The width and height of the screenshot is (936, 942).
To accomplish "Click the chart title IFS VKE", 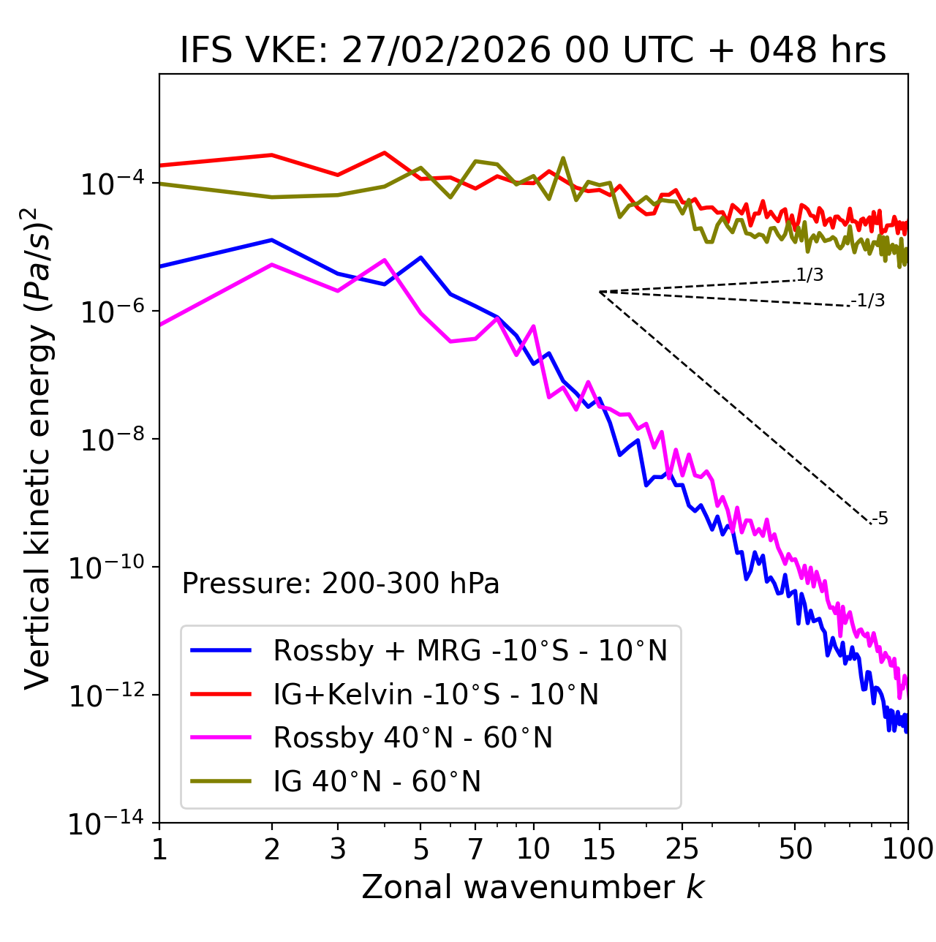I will coord(533,50).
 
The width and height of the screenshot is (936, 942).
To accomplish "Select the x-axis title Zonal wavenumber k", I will coord(532,887).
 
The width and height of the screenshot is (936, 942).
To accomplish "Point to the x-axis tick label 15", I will coord(599,849).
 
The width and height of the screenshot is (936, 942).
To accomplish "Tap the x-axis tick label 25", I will coord(682,849).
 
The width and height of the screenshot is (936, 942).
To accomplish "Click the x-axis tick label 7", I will coord(475,849).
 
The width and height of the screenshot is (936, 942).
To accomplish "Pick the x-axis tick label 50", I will coord(795,849).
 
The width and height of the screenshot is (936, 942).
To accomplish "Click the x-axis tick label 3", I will coord(338,849).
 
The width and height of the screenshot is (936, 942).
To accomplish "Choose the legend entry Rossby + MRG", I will coord(470,650).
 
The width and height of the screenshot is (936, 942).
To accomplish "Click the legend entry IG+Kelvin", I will coord(436,694).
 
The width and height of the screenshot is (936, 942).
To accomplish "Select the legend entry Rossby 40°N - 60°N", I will coord(412,738).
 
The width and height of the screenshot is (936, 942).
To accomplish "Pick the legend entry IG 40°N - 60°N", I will coord(377,782).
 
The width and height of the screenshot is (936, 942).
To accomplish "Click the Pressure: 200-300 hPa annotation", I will coord(340,584).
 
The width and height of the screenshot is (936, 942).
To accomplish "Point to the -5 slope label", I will coord(880,519).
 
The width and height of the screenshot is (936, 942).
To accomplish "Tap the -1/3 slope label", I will coord(869,301).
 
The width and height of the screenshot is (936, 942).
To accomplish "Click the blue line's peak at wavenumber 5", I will coord(420,257).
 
